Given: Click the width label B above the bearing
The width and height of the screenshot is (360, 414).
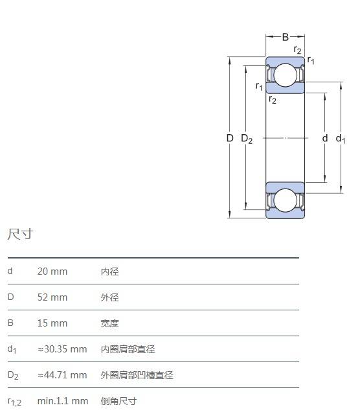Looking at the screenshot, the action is click(x=285, y=37).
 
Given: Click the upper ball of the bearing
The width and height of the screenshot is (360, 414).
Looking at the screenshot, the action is click(x=286, y=75).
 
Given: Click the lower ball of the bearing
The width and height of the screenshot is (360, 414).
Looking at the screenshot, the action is click(x=286, y=200).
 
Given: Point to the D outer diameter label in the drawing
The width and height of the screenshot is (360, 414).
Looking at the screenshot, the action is click(x=230, y=138).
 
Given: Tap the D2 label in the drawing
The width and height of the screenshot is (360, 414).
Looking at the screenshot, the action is click(x=247, y=139).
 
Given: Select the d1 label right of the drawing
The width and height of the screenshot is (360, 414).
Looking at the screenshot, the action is click(x=340, y=139).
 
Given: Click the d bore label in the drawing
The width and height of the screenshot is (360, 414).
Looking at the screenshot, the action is click(x=325, y=138).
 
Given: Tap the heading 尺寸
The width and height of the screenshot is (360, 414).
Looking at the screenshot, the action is click(x=20, y=234).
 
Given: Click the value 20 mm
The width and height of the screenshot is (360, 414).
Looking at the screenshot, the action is click(x=52, y=271).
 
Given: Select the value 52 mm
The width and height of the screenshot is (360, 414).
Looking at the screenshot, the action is click(x=52, y=297).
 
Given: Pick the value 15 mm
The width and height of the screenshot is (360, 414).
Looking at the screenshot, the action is click(x=52, y=323).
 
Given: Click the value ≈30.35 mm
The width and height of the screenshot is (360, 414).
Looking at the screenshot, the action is click(x=62, y=349).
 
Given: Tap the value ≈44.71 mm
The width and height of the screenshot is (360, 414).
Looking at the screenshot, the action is click(x=62, y=375).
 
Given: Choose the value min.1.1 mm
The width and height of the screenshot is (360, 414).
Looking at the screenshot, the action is click(x=63, y=401).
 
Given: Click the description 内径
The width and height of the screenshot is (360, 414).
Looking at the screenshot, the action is click(x=110, y=271).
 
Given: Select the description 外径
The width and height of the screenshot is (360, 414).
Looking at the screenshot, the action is click(x=110, y=297).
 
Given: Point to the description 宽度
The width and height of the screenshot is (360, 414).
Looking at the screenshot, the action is click(x=110, y=323).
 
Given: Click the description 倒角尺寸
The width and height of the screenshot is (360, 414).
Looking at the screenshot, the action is click(x=118, y=401).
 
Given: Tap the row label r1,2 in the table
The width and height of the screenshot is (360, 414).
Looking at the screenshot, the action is click(x=14, y=402).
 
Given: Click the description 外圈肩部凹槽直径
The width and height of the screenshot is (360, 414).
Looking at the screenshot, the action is click(x=137, y=375).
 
